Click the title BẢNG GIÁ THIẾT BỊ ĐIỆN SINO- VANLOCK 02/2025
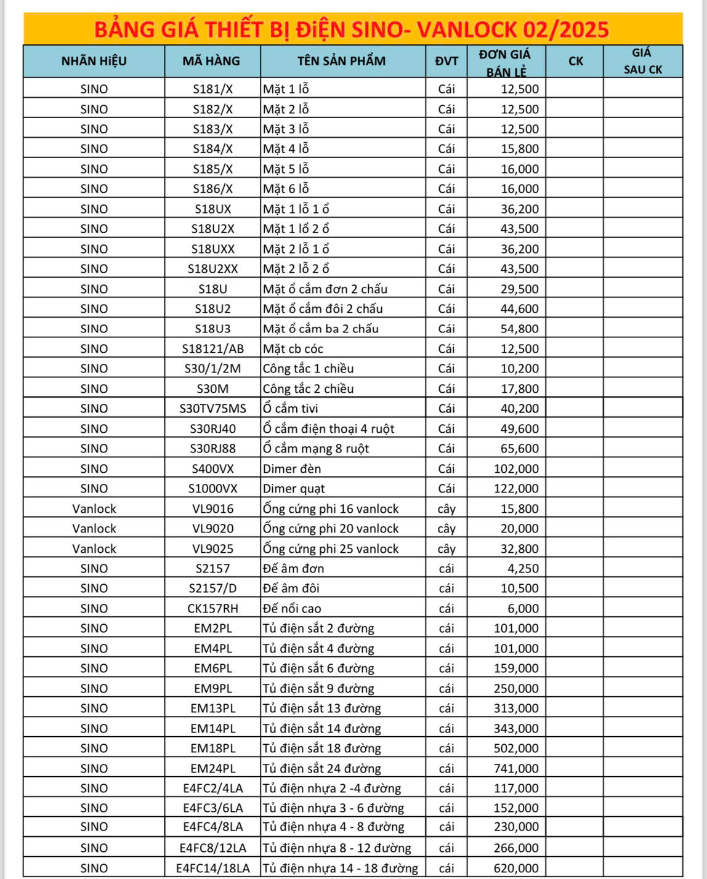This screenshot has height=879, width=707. [352, 29]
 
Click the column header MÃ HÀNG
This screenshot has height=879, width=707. [212, 61]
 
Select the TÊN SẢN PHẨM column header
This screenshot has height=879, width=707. [341, 61]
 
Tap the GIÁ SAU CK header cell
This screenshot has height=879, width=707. [642, 61]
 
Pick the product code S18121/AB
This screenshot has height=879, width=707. [212, 348]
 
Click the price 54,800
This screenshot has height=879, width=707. [519, 329]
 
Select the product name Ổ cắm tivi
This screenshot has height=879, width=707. [291, 408]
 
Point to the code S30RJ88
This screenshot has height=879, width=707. [212, 448]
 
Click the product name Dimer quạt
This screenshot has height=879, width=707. [294, 488]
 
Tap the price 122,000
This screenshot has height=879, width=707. [516, 488]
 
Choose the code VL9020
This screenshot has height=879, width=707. [212, 528]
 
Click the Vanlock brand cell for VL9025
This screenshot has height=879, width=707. [94, 548]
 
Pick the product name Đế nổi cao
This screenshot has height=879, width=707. [292, 608]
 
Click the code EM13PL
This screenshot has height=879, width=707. [212, 708]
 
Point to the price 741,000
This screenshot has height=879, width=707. [516, 768]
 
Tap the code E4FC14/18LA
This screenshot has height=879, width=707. [212, 868]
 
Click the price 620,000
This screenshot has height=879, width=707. [516, 868]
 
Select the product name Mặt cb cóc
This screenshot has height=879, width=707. [293, 348]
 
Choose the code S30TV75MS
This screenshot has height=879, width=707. [212, 408]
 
